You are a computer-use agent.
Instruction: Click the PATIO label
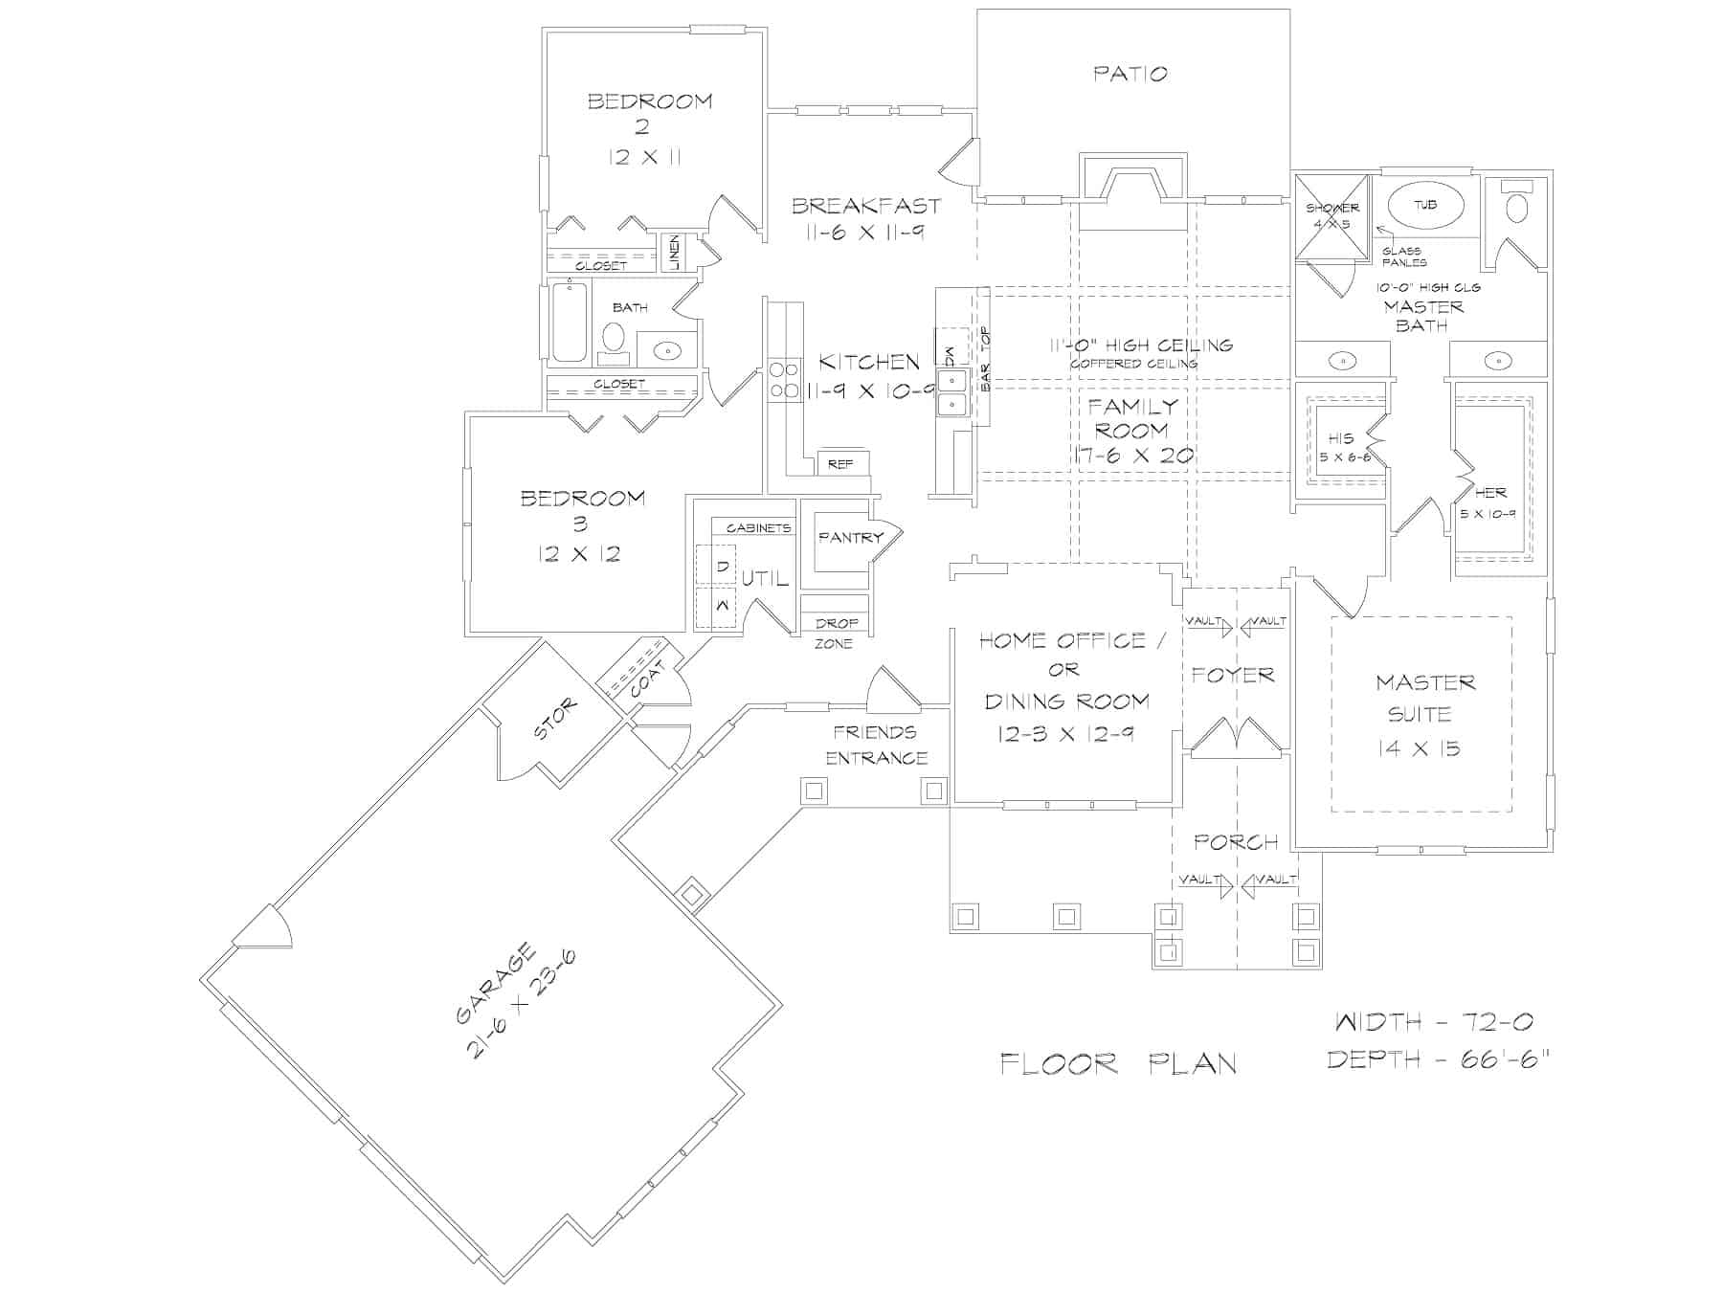[x=1130, y=74]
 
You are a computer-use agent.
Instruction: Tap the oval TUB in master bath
[x=1425, y=205]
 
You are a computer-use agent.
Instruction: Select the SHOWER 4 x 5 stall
[x=1331, y=217]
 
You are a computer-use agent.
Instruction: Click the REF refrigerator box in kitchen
[x=840, y=464]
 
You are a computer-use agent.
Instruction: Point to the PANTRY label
[x=850, y=538]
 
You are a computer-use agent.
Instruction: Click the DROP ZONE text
[x=836, y=634]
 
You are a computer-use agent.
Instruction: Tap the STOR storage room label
[x=555, y=720]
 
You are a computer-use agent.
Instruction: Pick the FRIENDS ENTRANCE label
[x=877, y=745]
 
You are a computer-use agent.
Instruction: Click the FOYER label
[x=1233, y=676]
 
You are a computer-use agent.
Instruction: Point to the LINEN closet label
[x=675, y=253]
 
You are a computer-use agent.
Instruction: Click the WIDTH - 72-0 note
[x=1434, y=1022]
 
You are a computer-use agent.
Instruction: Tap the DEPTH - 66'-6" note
[x=1438, y=1059]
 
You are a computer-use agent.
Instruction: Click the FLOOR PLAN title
[x=1118, y=1063]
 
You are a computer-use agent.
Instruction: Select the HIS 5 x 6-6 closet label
[x=1344, y=447]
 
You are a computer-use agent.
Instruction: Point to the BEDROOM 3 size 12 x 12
[x=579, y=554]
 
